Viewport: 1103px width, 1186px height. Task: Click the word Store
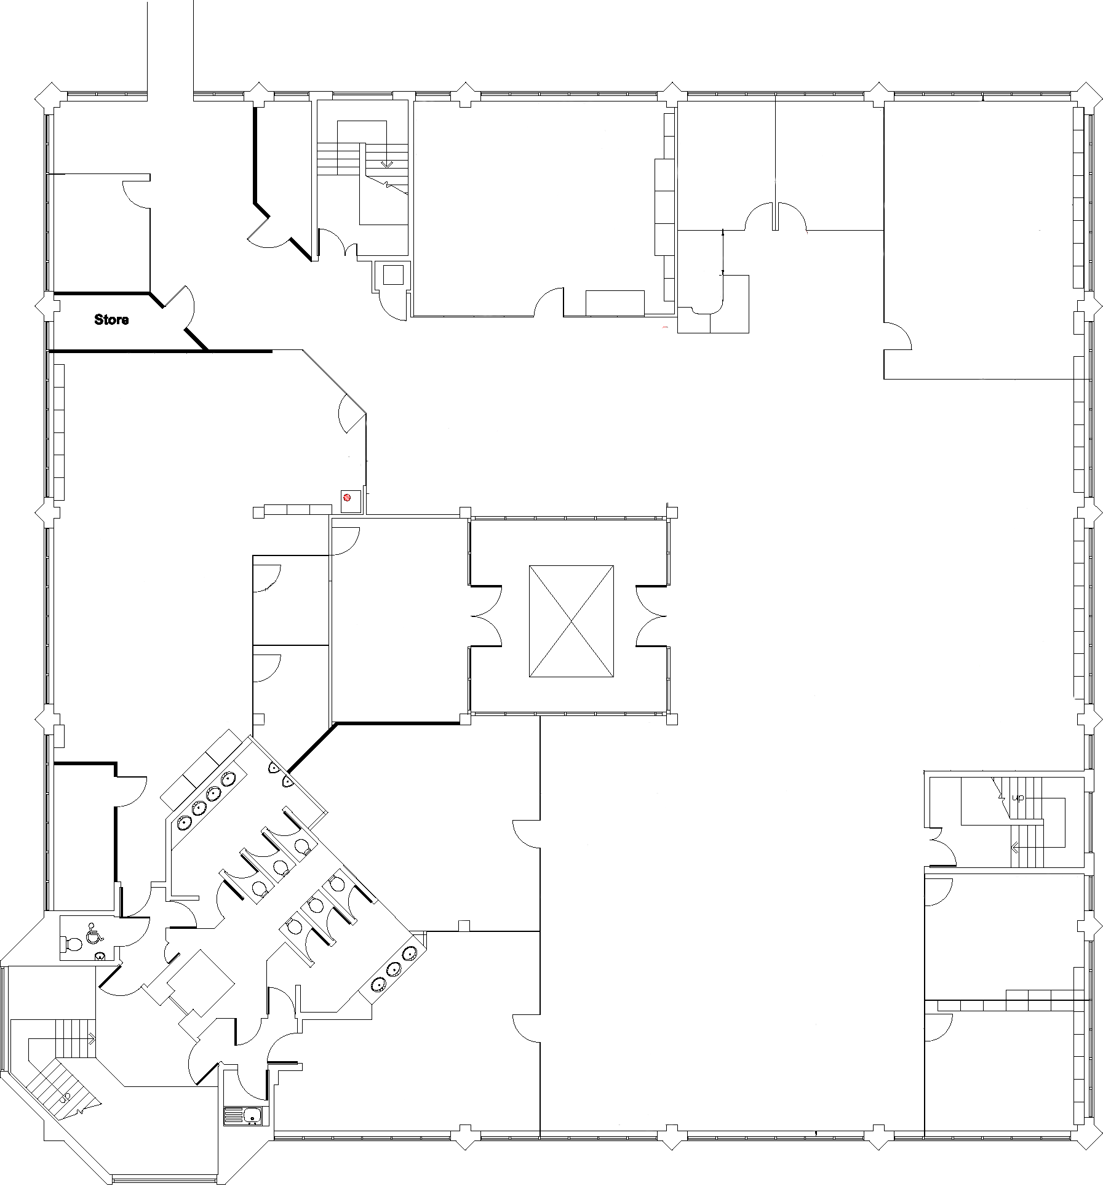coord(111,320)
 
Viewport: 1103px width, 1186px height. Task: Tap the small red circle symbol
coord(347,498)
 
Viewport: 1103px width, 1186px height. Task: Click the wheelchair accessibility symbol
coord(94,933)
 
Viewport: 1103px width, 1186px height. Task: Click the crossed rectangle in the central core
coord(571,621)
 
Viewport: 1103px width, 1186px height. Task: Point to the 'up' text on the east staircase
coord(1018,798)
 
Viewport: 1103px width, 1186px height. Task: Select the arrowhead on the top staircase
coord(387,164)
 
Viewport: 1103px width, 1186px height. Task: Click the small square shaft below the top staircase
coord(392,275)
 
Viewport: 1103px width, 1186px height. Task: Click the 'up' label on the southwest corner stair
coord(65,1097)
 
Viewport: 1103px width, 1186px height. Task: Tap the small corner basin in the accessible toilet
coord(100,957)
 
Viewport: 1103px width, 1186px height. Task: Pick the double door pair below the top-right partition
coord(775,218)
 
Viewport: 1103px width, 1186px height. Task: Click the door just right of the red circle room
coord(346,533)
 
